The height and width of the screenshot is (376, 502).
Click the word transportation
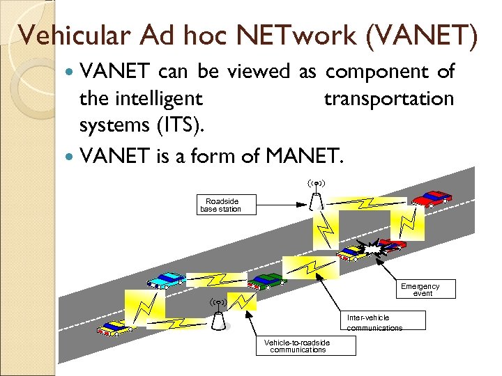click(388, 99)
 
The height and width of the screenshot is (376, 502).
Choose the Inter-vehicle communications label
click(375, 322)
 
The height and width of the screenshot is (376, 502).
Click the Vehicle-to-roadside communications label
click(297, 345)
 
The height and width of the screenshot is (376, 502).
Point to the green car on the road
click(266, 280)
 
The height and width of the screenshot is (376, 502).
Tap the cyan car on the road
click(165, 279)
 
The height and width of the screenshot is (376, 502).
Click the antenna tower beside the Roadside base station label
click(317, 196)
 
